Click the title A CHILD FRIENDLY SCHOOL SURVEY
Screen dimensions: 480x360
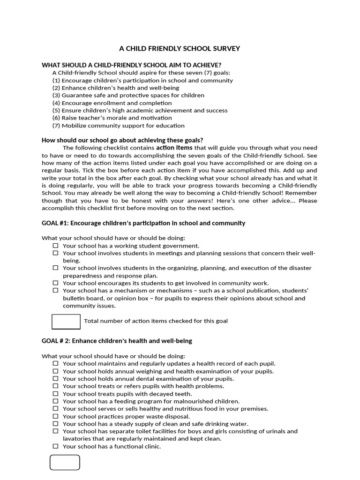180,48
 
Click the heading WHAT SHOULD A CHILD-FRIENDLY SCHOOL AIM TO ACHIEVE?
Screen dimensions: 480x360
132,65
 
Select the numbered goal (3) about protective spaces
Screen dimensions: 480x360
128,95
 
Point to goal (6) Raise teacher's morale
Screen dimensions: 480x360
112,118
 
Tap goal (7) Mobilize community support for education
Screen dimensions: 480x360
118,125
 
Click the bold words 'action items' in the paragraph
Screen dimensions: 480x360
174,147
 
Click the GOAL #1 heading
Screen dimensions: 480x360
143,223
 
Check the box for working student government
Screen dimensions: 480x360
55,245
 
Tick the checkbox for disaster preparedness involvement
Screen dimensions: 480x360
55,268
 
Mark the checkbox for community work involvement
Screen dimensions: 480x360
55,283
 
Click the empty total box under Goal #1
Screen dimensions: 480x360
66,322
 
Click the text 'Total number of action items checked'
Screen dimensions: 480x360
156,321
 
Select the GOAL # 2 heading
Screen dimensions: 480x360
117,341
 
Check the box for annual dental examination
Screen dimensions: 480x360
55,379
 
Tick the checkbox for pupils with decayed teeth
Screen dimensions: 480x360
55,394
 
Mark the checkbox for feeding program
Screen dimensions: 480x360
55,401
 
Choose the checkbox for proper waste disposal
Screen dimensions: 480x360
55,416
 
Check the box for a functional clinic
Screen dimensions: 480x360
55,446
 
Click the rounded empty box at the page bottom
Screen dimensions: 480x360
65,462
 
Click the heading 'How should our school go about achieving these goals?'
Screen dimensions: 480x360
122,140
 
